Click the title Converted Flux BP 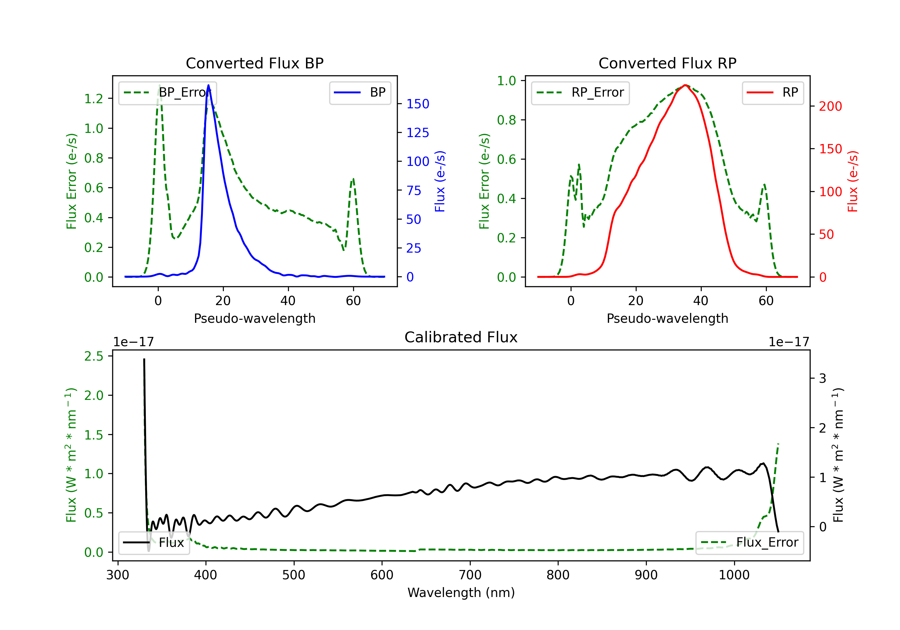[x=254, y=63]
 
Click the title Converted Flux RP [x=667, y=63]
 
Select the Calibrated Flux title [x=461, y=337]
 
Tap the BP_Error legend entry [x=167, y=92]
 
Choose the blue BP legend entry [x=360, y=92]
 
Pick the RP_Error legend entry [x=580, y=92]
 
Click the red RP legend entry [x=772, y=92]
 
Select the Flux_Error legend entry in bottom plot [x=749, y=543]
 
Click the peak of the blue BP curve [x=208, y=85]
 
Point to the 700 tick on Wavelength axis [x=470, y=575]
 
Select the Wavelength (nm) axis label [x=461, y=593]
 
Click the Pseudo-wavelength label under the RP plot [x=667, y=318]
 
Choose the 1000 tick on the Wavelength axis [x=734, y=575]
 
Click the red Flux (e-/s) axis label [x=853, y=181]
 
